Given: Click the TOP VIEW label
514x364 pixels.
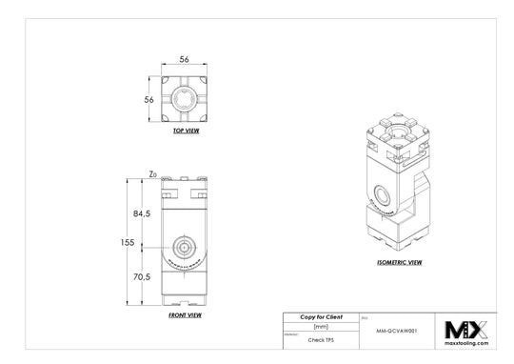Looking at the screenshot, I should (185, 131).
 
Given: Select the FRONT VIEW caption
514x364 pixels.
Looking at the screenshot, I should (184, 314).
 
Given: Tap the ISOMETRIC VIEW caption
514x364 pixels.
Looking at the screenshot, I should (399, 259).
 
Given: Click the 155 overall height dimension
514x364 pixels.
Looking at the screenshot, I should (128, 243).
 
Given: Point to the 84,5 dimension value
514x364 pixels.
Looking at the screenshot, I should (141, 213).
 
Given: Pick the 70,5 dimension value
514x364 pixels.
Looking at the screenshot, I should (141, 276).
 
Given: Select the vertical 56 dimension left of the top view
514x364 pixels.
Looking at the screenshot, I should (148, 98).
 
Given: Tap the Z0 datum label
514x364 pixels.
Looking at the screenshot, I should (152, 174).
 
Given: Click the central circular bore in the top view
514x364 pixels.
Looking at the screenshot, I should (186, 99).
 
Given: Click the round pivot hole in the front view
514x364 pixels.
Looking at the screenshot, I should (184, 244).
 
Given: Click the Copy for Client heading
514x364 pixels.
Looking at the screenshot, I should (321, 315).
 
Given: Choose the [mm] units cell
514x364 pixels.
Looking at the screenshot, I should (321, 326).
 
